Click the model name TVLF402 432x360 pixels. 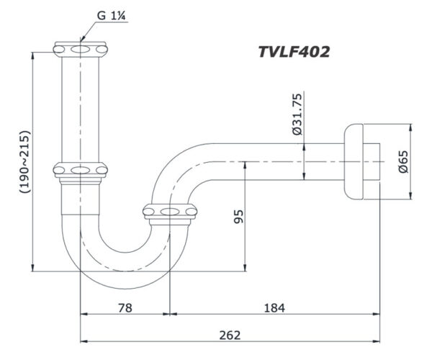(294, 52)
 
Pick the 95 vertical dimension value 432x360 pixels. (239, 216)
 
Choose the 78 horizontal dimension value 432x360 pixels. (125, 308)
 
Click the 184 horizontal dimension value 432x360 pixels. (274, 308)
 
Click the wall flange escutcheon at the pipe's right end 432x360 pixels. (354, 161)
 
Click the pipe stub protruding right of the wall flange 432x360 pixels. (372, 161)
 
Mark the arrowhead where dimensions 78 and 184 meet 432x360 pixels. (170, 315)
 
